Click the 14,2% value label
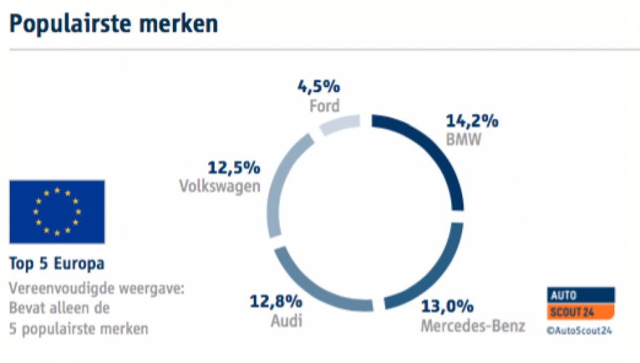(x=472, y=121)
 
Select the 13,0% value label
(x=448, y=306)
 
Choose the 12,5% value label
(x=234, y=167)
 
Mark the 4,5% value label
(x=319, y=87)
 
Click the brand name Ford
(x=323, y=106)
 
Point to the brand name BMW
(x=464, y=139)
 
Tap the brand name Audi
(x=286, y=321)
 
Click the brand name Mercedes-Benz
(x=472, y=325)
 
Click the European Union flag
(x=57, y=212)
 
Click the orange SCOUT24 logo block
(x=579, y=310)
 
